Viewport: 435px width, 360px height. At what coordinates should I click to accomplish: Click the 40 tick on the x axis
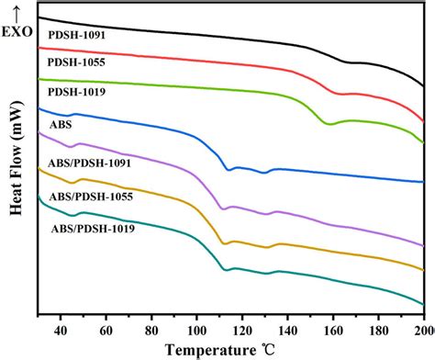click(x=61, y=331)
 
